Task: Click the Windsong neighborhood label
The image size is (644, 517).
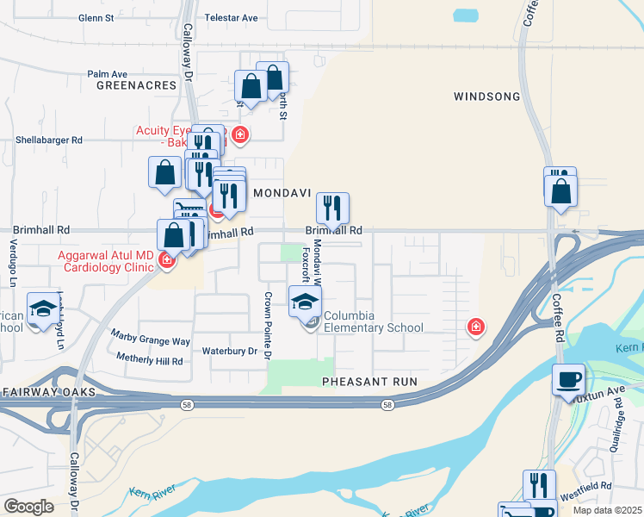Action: (486, 97)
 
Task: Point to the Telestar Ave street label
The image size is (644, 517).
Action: (231, 17)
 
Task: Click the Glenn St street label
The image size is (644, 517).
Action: (96, 17)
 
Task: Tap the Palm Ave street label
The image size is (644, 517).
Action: (107, 74)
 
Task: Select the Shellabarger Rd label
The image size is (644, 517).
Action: (48, 140)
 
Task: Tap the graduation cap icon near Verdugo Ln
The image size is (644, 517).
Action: (41, 307)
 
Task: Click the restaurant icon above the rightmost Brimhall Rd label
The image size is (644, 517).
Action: (332, 207)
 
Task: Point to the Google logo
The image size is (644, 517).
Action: (28, 506)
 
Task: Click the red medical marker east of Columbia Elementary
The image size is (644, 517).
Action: (474, 327)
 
